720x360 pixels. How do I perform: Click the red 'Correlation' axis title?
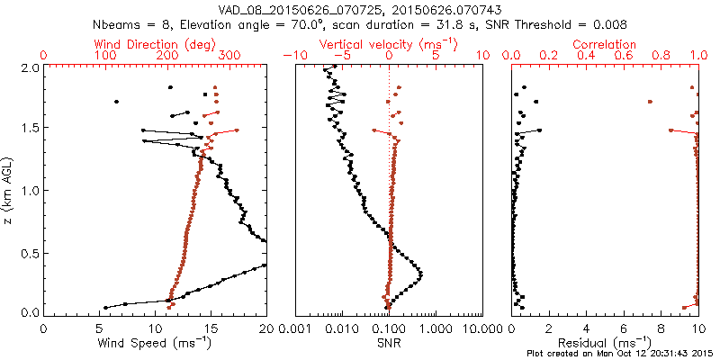[606, 43]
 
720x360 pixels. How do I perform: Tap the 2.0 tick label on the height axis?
[29, 67]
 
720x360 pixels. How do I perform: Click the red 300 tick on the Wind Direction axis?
[229, 56]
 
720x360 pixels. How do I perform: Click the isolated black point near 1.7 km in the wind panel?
[116, 102]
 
